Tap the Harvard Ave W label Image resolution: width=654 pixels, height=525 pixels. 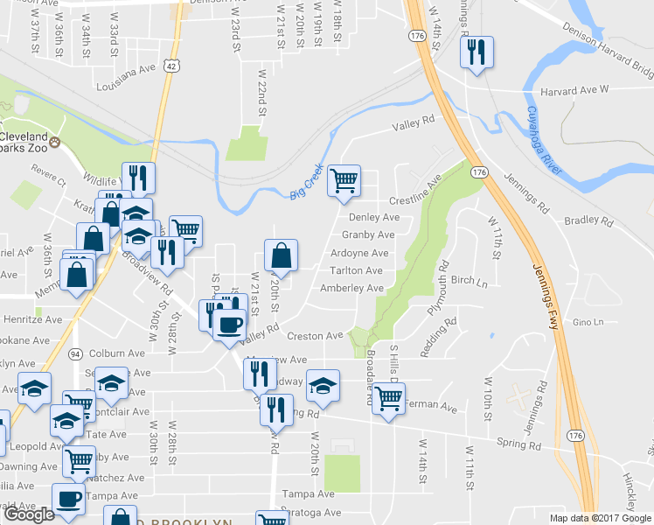click(574, 91)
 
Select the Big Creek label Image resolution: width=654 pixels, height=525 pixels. click(307, 182)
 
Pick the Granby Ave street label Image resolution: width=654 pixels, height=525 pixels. click(368, 234)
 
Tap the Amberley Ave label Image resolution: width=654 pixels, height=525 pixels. click(351, 288)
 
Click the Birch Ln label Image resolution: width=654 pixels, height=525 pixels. click(469, 282)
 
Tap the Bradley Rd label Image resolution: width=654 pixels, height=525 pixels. click(586, 220)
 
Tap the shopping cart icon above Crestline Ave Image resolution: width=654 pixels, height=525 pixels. click(345, 180)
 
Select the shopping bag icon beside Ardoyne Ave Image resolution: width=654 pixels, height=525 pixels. click(281, 255)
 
